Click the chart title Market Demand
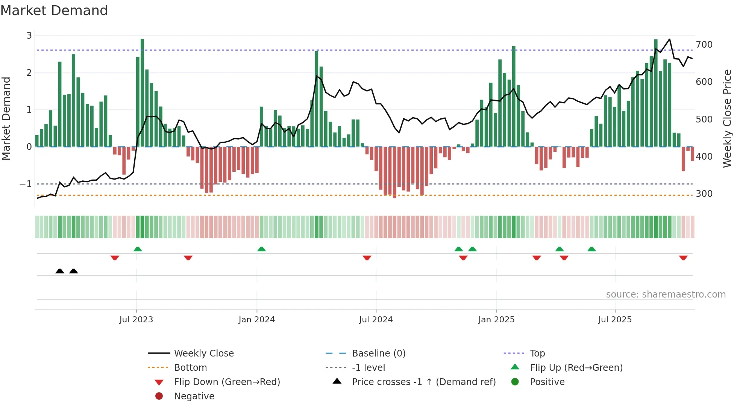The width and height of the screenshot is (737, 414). coord(54,11)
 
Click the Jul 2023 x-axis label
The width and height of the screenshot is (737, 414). coord(136,320)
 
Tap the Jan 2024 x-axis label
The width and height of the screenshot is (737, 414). coord(257,320)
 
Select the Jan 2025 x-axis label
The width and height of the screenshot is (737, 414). coord(496,320)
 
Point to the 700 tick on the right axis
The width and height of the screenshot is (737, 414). coord(704,45)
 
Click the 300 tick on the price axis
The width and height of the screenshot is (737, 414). coord(704,194)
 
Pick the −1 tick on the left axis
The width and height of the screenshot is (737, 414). coord(26,184)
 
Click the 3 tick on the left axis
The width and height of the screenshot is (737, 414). coord(29,36)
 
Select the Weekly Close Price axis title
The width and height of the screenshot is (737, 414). coord(727,118)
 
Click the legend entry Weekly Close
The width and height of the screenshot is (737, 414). coord(204,354)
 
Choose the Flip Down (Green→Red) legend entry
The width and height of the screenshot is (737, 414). coord(227,382)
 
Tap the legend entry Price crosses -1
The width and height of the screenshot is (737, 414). coord(423,382)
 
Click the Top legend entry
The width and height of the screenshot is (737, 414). coord(537,354)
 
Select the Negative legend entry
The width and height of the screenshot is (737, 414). coord(194,396)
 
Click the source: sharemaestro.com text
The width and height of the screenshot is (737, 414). coord(666,295)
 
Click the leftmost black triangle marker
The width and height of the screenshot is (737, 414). coord(60,271)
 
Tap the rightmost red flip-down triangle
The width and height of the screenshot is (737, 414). coord(683,258)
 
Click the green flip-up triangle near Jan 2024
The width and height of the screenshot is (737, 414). coord(261,249)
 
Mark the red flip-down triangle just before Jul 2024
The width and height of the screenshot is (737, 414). coord(367,258)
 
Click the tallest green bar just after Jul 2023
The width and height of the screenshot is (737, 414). coord(143,93)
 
